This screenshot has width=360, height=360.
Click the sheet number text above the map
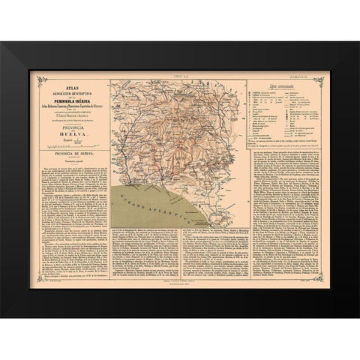click(180, 76)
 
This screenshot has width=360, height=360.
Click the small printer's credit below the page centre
click(180, 284)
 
